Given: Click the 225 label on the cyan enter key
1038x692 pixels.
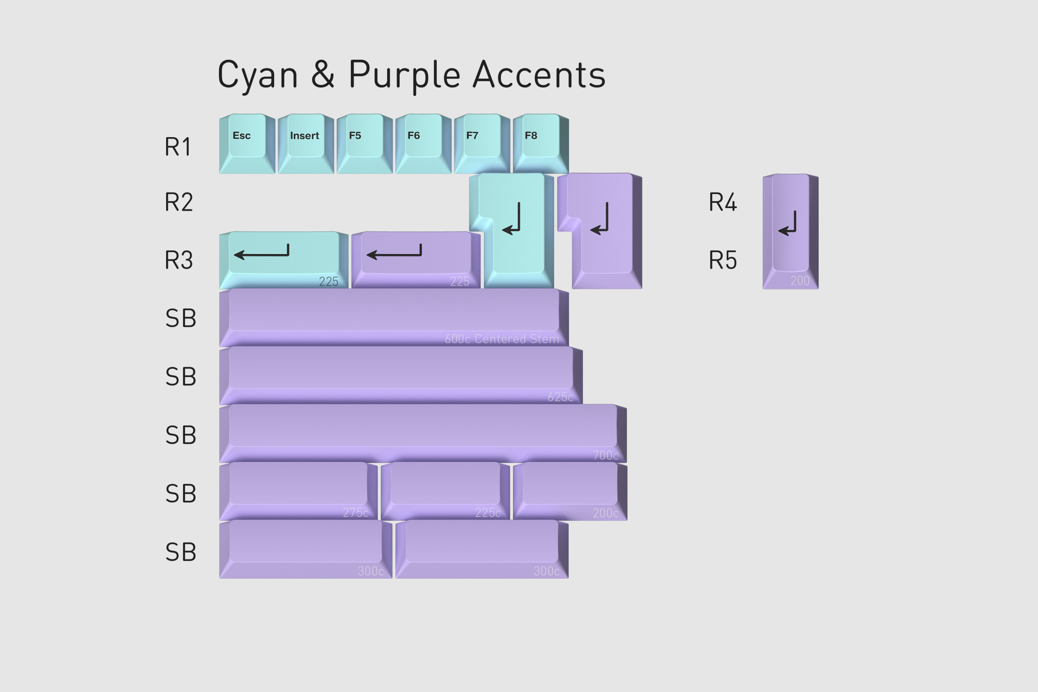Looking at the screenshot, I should click(328, 282).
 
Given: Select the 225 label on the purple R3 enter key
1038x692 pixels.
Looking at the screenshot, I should click(459, 282).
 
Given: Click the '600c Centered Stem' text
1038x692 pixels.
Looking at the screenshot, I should click(502, 339).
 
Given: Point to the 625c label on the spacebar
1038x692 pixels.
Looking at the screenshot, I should click(560, 397).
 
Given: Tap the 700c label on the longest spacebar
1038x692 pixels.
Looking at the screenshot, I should click(605, 455).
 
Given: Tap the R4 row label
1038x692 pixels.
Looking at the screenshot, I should click(722, 202).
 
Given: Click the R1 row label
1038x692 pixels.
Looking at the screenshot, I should click(178, 147).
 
